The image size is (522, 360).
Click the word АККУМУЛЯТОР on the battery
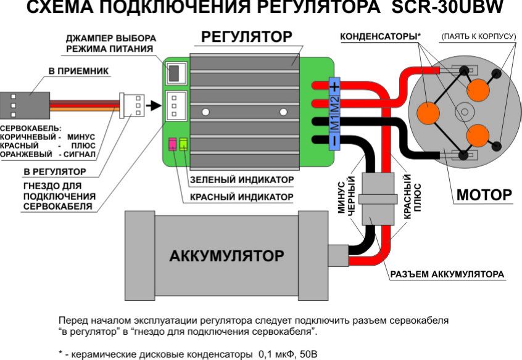(226, 255)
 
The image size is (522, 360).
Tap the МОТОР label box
(484, 195)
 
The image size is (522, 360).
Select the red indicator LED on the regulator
(173, 145)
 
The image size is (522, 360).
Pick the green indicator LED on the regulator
(183, 145)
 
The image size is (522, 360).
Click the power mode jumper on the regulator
(175, 72)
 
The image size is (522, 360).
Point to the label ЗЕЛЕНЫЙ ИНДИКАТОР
(241, 179)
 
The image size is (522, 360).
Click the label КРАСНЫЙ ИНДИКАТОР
(241, 197)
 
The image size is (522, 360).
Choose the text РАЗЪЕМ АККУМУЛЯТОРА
(447, 273)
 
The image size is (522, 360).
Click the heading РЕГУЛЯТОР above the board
(247, 38)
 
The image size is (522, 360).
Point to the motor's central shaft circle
(464, 112)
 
